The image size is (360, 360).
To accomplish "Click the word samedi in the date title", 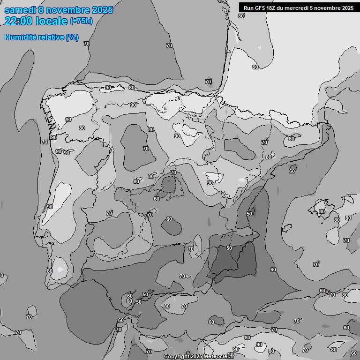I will click(x=20, y=10).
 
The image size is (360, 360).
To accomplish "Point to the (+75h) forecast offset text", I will click(x=81, y=21).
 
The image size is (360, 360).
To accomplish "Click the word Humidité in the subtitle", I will click(x=19, y=37).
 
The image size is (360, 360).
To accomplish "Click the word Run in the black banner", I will click(x=248, y=8).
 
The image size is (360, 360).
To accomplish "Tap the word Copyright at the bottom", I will click(x=177, y=357).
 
